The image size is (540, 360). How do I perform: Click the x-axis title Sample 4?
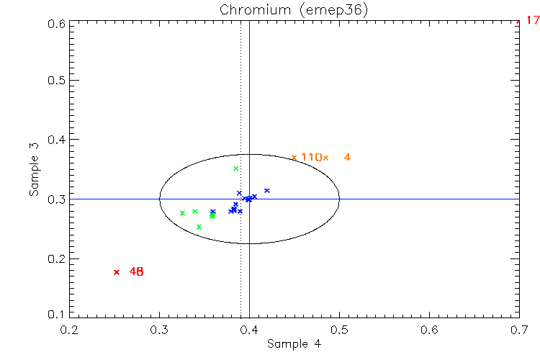pyautogui.click(x=294, y=344)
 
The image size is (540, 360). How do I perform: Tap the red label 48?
pyautogui.click(x=137, y=272)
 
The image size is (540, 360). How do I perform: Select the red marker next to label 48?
pyautogui.click(x=117, y=272)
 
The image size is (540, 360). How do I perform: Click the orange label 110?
pyautogui.click(x=310, y=158)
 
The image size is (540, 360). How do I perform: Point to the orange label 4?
pyautogui.click(x=347, y=158)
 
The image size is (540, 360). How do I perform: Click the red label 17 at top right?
pyautogui.click(x=533, y=22)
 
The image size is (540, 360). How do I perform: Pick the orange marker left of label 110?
pyautogui.click(x=294, y=158)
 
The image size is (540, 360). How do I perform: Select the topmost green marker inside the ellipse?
pyautogui.click(x=235, y=168)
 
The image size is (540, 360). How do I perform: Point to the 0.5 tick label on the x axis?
pyautogui.click(x=339, y=329)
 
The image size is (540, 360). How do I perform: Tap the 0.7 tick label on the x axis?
pyautogui.click(x=519, y=329)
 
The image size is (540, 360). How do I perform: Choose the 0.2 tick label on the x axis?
pyautogui.click(x=70, y=329)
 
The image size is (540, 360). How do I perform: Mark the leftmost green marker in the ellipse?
pyautogui.click(x=182, y=213)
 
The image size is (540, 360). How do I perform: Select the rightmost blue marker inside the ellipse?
pyautogui.click(x=267, y=191)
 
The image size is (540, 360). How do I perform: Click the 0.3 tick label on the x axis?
pyautogui.click(x=160, y=329)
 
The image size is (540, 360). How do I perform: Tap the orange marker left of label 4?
pyautogui.click(x=325, y=158)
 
